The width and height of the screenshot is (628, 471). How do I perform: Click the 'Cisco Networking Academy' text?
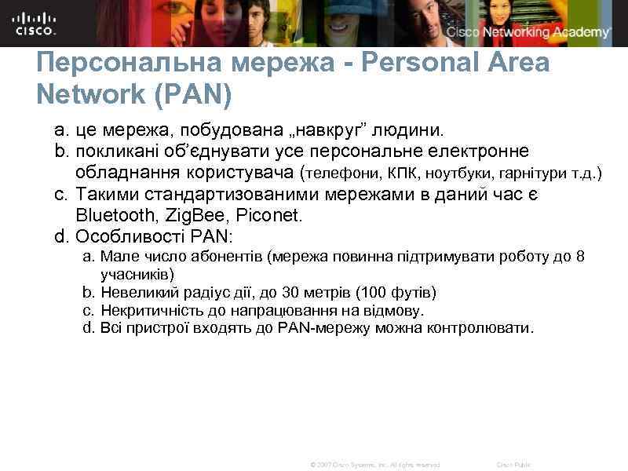(528, 32)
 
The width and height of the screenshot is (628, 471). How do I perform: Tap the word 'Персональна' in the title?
(118, 63)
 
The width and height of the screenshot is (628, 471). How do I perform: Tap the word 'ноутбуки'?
(459, 173)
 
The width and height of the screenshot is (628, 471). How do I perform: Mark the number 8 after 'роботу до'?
(580, 257)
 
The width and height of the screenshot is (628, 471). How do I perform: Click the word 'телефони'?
(341, 173)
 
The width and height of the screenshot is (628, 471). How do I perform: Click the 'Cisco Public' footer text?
(513, 465)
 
